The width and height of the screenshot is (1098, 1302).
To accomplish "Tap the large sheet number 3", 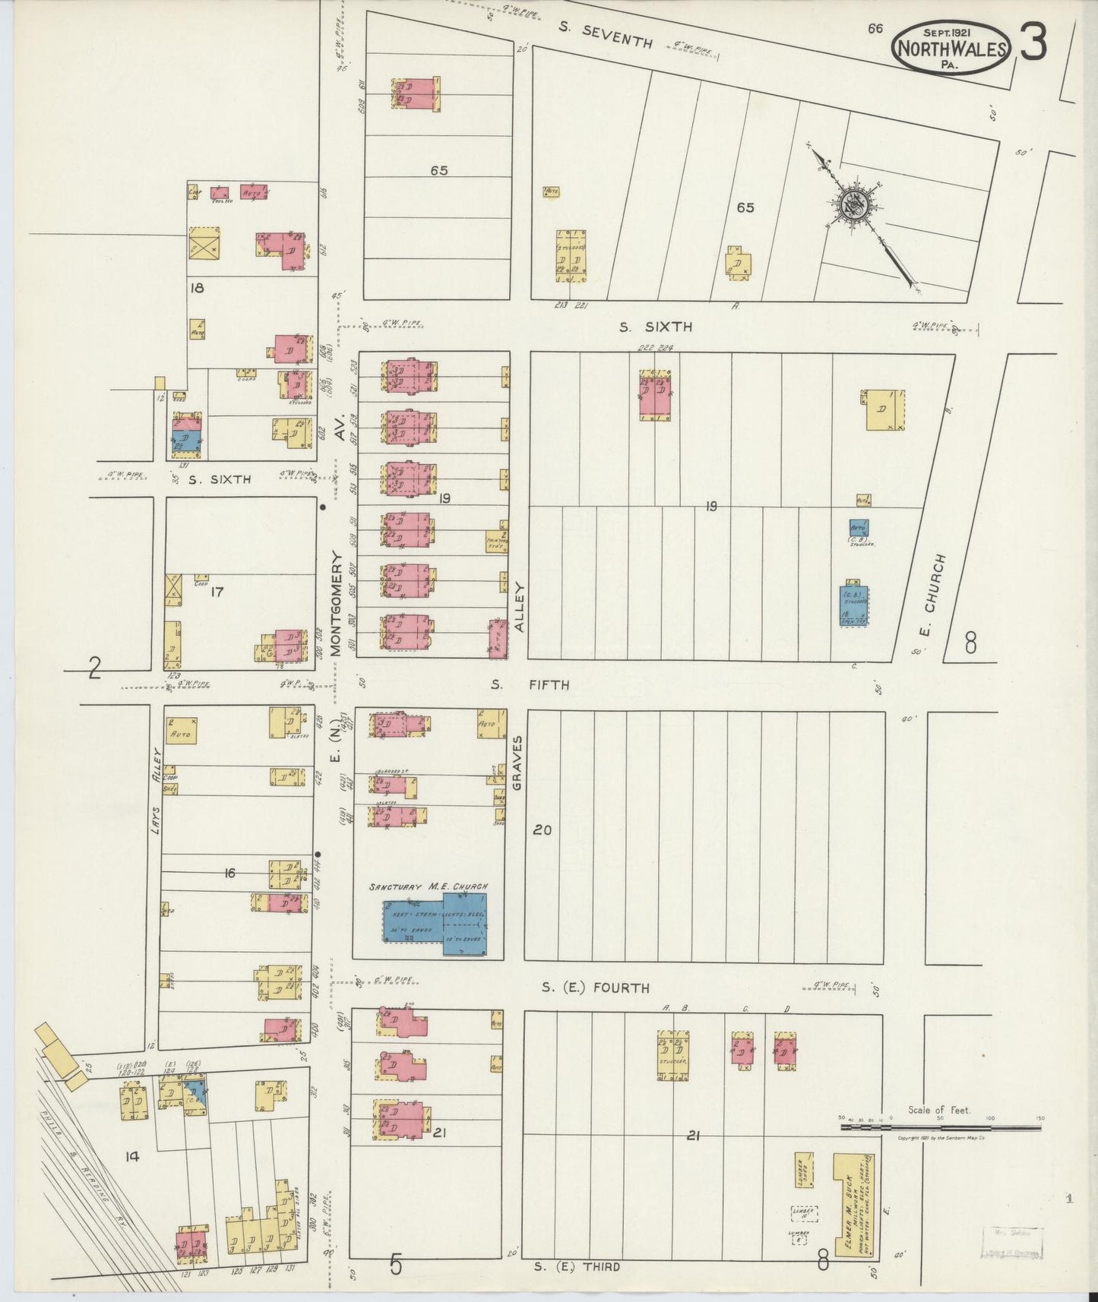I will click(x=1033, y=43).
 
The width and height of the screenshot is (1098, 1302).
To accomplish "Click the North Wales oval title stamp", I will click(x=953, y=48).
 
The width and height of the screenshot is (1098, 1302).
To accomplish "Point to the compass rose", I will click(x=859, y=205).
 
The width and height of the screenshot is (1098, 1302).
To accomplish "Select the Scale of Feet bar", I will click(x=940, y=1128).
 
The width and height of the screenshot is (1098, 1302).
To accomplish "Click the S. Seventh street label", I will click(x=606, y=33).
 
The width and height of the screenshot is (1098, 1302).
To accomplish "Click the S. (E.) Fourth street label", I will click(x=596, y=988).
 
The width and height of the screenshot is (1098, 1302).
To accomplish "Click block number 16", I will click(x=229, y=874).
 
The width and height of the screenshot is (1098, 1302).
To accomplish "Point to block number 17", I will click(x=217, y=592).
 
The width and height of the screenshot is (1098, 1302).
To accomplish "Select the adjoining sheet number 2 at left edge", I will click(x=94, y=667).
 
